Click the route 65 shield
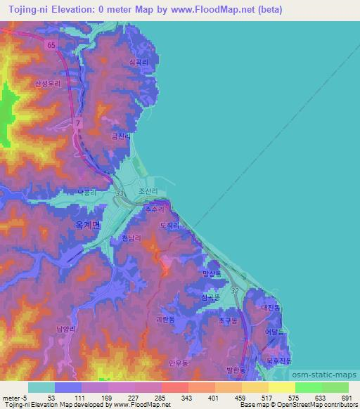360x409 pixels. pyautogui.click(x=51, y=44)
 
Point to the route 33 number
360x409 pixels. pyautogui.click(x=120, y=194)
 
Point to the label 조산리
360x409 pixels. pyautogui.click(x=147, y=190)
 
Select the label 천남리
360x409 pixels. pyautogui.click(x=132, y=239)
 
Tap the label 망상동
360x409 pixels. pyautogui.click(x=211, y=273)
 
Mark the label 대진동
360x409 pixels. pyautogui.click(x=271, y=307)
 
